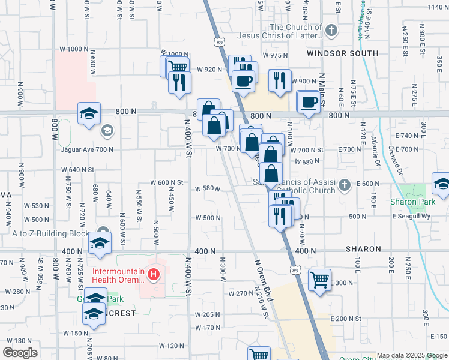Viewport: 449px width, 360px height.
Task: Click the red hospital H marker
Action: tap(154, 275)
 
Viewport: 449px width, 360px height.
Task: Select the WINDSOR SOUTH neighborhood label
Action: tap(342, 53)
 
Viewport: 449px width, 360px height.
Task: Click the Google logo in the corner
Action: tap(20, 353)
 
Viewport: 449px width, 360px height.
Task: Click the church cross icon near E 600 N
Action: tap(345, 184)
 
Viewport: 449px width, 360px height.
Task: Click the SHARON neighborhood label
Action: tap(363, 249)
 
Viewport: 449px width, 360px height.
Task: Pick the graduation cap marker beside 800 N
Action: tap(88, 113)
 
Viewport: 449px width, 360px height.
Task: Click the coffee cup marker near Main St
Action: tap(309, 102)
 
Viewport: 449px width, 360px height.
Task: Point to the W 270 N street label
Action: tap(242, 293)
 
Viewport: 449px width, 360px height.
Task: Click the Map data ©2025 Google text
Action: tap(412, 355)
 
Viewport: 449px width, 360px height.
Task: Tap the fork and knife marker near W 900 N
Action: tap(279, 81)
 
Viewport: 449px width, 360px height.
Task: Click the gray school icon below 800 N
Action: tap(107, 130)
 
